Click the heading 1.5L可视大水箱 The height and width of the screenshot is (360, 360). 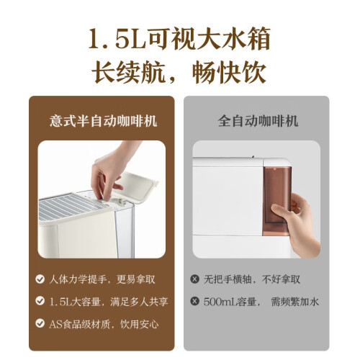pyautogui.click(x=179, y=39)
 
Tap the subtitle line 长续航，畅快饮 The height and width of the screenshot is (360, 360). pyautogui.click(x=179, y=72)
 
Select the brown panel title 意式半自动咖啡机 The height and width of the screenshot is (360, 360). pyautogui.click(x=104, y=121)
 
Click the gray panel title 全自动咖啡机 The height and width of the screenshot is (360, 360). pyautogui.click(x=258, y=121)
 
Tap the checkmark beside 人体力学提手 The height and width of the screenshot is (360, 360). pyautogui.click(x=40, y=279)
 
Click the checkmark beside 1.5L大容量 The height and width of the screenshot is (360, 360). pyautogui.click(x=40, y=301)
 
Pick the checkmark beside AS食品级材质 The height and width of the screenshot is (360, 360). pyautogui.click(x=40, y=323)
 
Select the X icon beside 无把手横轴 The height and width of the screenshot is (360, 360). pyautogui.click(x=194, y=279)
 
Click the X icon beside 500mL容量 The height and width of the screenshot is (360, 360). pyautogui.click(x=194, y=301)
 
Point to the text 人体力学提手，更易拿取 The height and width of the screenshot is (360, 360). pyautogui.click(x=102, y=279)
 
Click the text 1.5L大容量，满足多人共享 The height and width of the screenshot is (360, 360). pyautogui.click(x=109, y=302)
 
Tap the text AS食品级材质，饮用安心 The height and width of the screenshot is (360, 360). pyautogui.click(x=104, y=324)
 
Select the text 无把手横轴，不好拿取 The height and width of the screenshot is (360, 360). pyautogui.click(x=252, y=279)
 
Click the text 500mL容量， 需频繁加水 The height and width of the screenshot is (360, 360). pyautogui.click(x=261, y=302)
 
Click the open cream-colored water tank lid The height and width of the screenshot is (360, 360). pyautogui.click(x=137, y=186)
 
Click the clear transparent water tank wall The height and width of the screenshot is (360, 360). pyautogui.click(x=123, y=230)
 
